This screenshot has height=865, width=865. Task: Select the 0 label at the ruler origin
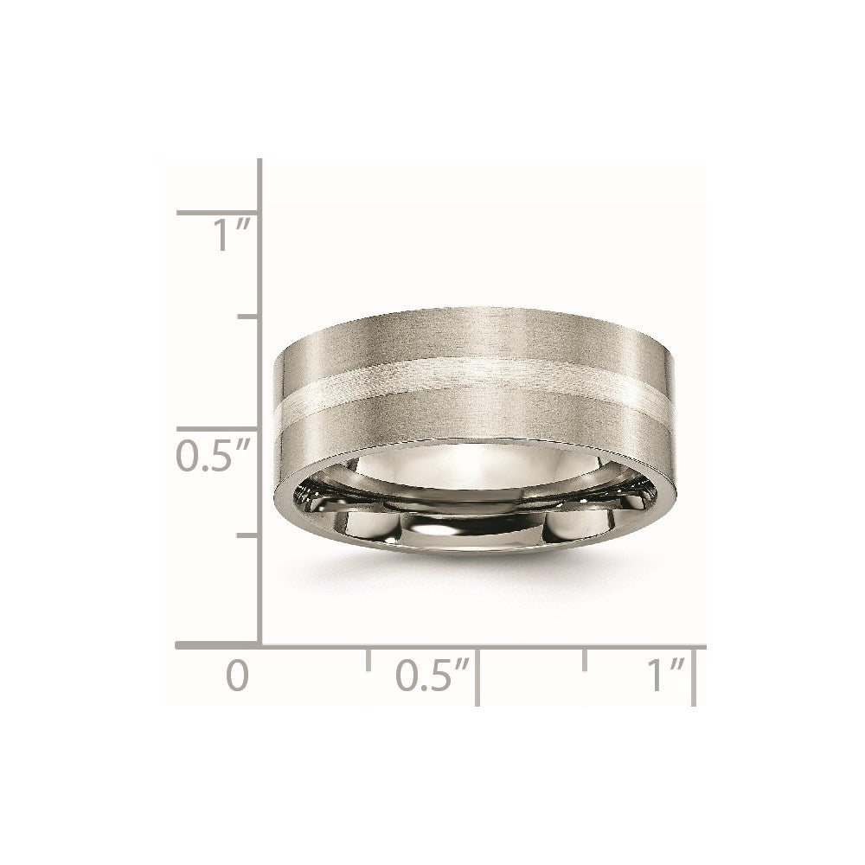(x=236, y=675)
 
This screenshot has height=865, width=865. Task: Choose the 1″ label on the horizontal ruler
(x=664, y=675)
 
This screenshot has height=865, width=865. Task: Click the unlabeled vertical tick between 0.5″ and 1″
(x=247, y=317)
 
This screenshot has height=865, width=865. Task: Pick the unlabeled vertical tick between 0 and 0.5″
(x=247, y=536)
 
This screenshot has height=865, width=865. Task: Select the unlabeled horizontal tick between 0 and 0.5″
(x=369, y=659)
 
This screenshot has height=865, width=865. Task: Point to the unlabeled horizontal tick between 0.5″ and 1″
(x=586, y=659)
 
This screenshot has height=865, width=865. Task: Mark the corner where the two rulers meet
(x=260, y=645)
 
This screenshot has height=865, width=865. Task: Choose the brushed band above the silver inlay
(x=467, y=342)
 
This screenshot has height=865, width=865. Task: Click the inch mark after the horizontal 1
(x=677, y=663)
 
